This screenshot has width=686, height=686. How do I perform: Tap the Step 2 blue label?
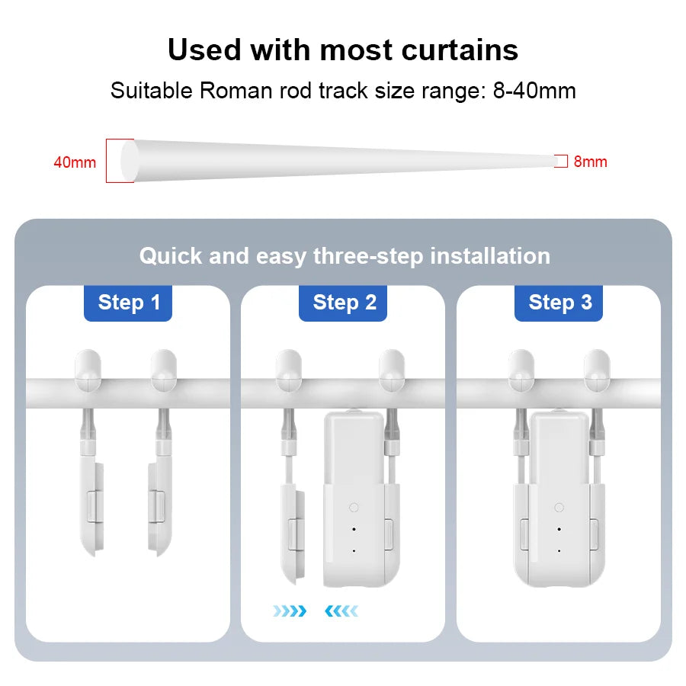[344, 303]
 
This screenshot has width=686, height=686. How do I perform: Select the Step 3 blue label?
[559, 303]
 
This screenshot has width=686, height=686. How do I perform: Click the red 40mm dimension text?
[75, 162]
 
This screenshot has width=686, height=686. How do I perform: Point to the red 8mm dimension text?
[590, 162]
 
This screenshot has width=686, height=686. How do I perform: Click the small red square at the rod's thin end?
[561, 161]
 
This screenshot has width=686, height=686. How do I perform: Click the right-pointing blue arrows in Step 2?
[290, 611]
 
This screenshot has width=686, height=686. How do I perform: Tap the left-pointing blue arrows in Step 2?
[341, 611]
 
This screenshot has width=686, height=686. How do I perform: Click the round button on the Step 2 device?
[353, 507]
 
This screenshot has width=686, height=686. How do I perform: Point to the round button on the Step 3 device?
[559, 507]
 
